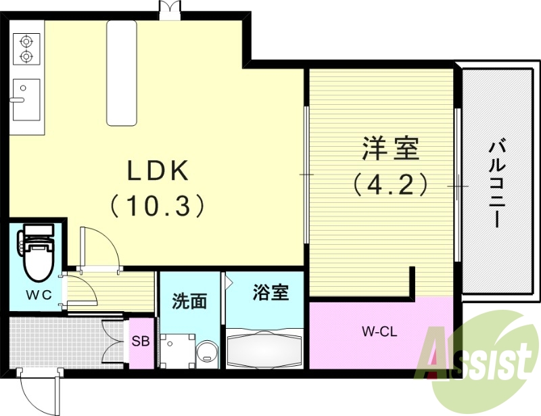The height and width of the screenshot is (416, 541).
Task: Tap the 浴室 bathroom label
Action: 270,293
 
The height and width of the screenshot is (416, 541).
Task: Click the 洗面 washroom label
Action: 189,302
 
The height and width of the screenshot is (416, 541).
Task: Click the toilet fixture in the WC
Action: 37,253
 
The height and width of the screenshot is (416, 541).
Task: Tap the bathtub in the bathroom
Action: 262,348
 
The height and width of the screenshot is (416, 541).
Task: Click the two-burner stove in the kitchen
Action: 26,48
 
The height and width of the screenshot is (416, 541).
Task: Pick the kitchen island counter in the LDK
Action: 122,72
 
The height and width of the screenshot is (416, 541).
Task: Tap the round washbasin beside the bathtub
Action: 207,352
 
